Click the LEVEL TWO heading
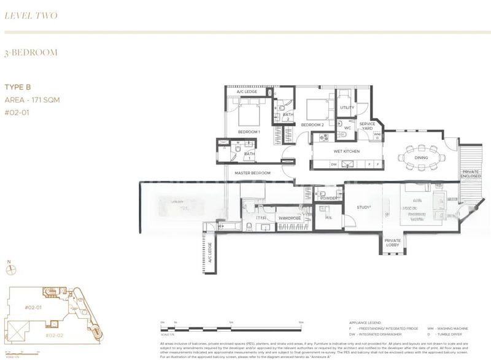click(31, 15)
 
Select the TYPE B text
click(18, 88)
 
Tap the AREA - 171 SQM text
click(32, 99)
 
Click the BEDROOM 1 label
click(249, 132)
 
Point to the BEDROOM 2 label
click(312, 125)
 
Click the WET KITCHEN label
click(347, 151)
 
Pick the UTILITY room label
click(347, 108)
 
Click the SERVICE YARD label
click(368, 126)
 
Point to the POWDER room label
click(328, 198)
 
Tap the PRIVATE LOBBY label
click(392, 243)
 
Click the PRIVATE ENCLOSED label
click(471, 174)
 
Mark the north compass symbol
click(9, 268)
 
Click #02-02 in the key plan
click(56, 335)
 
